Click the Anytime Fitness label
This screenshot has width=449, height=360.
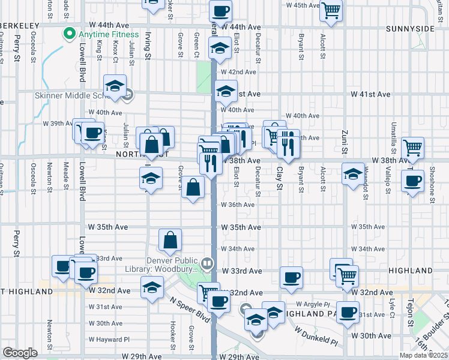click(108, 34)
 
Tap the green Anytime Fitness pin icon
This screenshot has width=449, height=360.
click(71, 34)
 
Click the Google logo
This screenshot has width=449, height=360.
click(20, 352)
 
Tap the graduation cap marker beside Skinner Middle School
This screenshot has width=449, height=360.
click(115, 86)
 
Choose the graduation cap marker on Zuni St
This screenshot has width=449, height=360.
click(352, 175)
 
